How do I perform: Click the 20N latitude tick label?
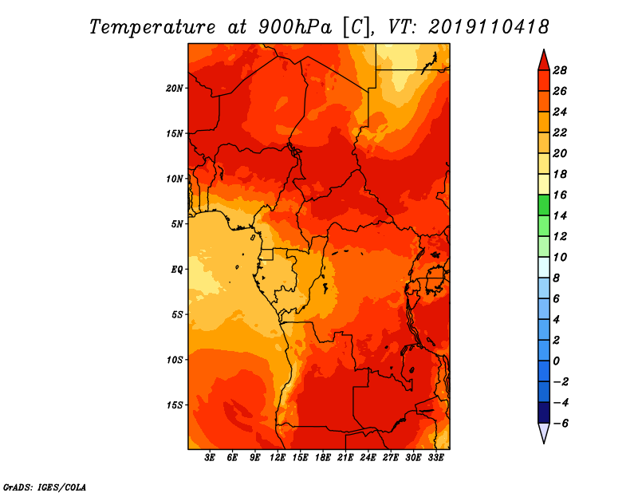coord(175,89)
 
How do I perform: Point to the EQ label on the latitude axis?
coord(177,270)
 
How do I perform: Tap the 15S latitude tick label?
coord(175,405)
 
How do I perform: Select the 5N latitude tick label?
coord(177,224)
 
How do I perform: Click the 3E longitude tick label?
coord(210,458)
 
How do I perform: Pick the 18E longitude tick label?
coord(323,458)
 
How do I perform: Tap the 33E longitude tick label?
coord(435,458)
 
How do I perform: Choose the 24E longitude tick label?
coord(368,458)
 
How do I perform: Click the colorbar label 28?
coord(560,70)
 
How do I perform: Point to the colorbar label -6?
coord(561,424)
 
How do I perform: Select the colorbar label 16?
coord(560,195)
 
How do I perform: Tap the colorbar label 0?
coord(556,361)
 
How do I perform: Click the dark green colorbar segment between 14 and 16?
coord(544,205)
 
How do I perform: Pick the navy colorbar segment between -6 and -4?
coord(544,412)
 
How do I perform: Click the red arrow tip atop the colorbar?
coord(544,49)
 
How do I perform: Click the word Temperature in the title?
coord(152,27)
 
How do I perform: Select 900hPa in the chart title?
coord(295,27)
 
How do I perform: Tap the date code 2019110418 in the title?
coord(489,27)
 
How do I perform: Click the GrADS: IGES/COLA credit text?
coord(45,487)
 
